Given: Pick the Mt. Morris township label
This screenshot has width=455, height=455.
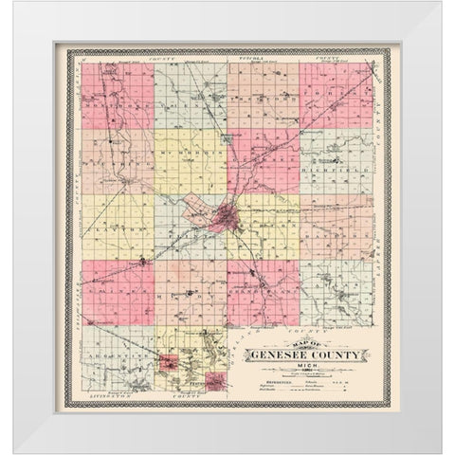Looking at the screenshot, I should click(190, 151).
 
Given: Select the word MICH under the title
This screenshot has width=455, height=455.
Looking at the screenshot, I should click(305, 367).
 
